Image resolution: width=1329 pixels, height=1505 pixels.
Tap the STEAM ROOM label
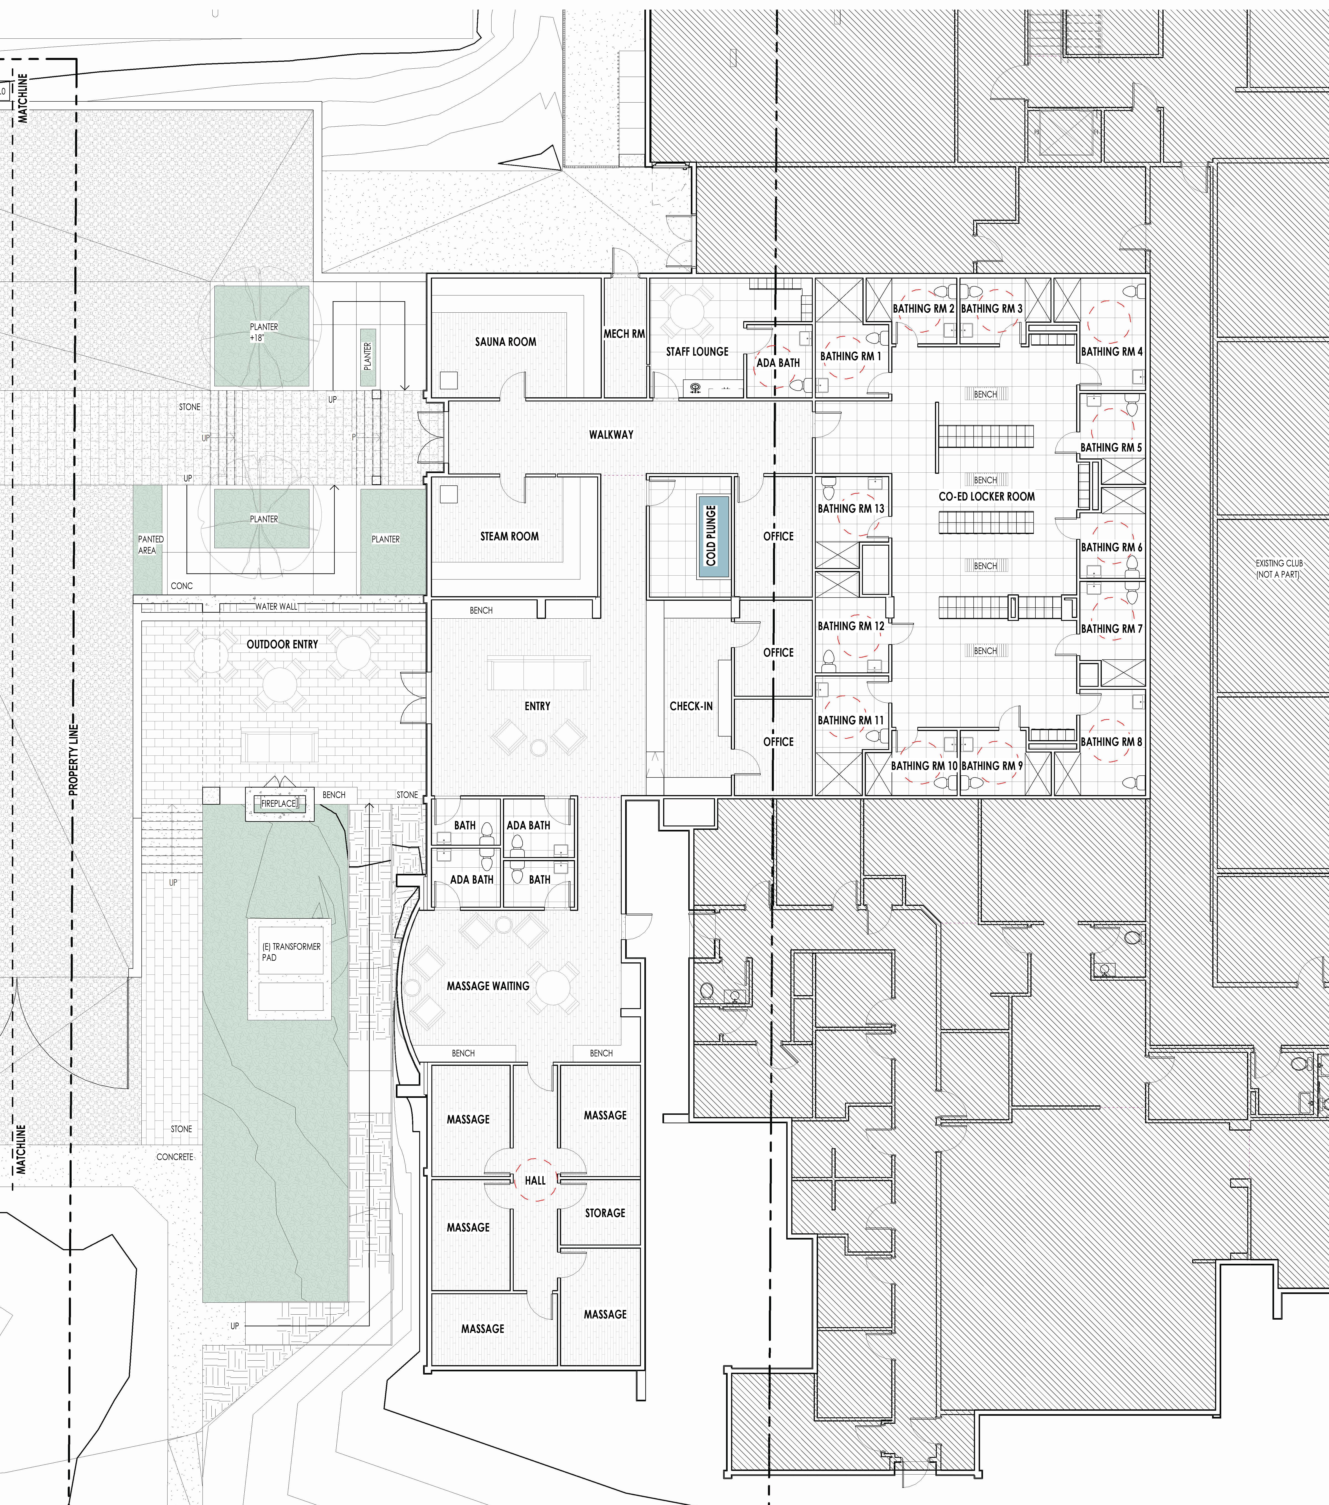pyautogui.click(x=510, y=536)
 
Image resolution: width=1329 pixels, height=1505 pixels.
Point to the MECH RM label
pyautogui.click(x=624, y=333)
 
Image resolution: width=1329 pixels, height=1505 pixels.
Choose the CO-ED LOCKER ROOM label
pyautogui.click(x=987, y=496)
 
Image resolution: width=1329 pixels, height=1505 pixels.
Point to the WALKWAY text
pyautogui.click(x=611, y=434)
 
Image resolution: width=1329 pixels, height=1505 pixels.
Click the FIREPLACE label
pyautogui.click(x=278, y=803)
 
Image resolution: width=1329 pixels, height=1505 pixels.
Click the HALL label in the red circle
pyautogui.click(x=535, y=1180)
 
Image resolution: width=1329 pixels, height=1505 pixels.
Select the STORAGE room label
pyautogui.click(x=605, y=1213)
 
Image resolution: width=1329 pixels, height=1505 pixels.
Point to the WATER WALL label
pyautogui.click(x=277, y=607)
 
